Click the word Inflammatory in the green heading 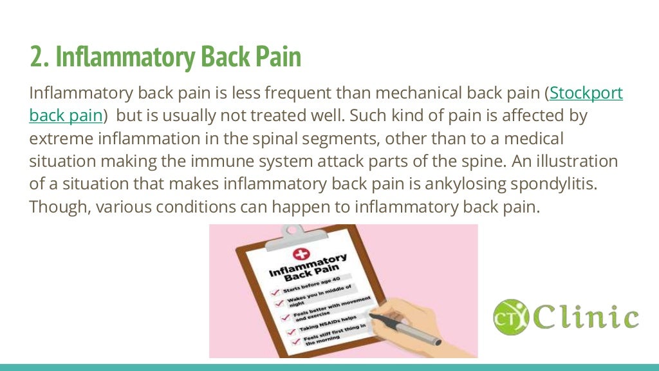coord(124,57)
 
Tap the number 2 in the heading coord(37,57)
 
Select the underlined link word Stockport coord(586,93)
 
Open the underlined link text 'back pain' coord(66,116)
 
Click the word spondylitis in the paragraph coord(551,184)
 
